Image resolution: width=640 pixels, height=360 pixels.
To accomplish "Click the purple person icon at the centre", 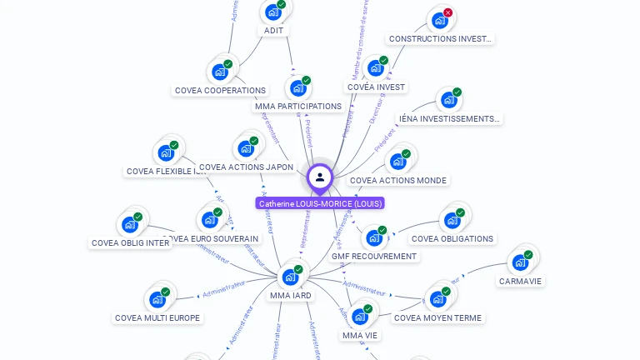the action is (x=320, y=177).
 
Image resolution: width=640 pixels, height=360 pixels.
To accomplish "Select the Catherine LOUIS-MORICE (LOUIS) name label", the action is (x=320, y=203).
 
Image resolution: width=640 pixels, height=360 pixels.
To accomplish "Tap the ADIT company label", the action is (x=273, y=31).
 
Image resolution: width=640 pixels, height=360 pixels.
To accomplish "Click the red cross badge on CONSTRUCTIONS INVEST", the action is (x=447, y=12).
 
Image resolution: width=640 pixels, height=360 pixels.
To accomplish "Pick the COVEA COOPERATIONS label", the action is (x=220, y=90).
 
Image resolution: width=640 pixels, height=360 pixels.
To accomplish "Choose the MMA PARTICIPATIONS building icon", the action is (x=297, y=87).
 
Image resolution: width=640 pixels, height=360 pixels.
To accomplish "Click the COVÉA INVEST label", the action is (x=376, y=87).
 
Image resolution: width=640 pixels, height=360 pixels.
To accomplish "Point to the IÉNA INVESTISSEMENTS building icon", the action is (x=448, y=100).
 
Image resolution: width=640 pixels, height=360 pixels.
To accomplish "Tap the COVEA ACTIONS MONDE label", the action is (x=398, y=180).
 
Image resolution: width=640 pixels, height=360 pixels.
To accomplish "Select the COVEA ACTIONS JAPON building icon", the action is (x=245, y=149).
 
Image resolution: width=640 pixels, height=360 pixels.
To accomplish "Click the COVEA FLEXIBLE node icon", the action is (x=165, y=153).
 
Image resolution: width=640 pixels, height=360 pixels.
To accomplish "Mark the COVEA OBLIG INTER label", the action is (x=130, y=243).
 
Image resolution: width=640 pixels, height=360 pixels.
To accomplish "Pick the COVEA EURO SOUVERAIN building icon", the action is (x=208, y=220).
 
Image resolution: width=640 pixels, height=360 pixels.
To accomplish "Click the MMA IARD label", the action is (x=291, y=295).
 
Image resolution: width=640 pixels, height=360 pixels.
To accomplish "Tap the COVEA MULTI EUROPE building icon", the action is (x=157, y=300).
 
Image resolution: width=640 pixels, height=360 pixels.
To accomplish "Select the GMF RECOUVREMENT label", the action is (x=374, y=256).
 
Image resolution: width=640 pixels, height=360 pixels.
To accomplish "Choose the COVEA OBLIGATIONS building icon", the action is (x=452, y=221).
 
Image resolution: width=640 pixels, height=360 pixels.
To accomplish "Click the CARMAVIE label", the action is (x=520, y=281).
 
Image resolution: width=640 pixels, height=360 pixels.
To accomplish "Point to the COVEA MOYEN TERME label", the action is (x=437, y=317).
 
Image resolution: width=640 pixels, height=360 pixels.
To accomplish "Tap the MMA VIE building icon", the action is (x=359, y=317).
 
